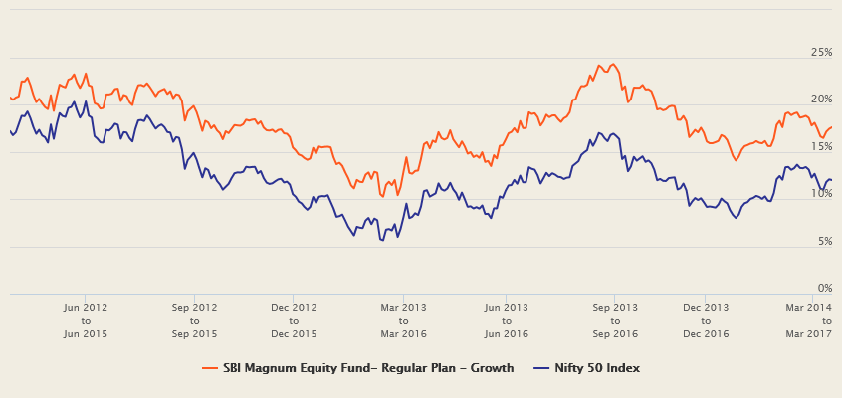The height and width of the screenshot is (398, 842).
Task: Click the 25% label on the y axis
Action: click(x=821, y=52)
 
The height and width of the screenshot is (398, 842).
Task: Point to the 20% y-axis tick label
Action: click(x=821, y=99)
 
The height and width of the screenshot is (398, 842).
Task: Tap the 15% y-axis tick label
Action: click(x=821, y=146)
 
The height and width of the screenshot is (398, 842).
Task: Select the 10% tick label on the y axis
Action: click(x=821, y=193)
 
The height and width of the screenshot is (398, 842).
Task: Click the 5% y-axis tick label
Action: click(x=824, y=241)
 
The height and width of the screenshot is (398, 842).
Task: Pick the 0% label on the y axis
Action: click(x=824, y=288)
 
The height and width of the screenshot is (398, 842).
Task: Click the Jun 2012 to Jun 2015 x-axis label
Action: click(x=86, y=320)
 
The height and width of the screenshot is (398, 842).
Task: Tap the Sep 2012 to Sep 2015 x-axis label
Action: click(x=194, y=320)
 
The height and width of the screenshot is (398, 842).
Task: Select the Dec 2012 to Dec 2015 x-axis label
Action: click(x=295, y=320)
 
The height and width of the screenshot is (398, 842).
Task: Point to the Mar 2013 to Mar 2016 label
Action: click(x=403, y=320)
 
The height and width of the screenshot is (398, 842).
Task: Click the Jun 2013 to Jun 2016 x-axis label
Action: click(x=506, y=320)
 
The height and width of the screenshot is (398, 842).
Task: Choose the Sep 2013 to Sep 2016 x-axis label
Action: click(x=614, y=320)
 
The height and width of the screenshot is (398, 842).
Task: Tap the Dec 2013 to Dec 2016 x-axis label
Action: click(x=705, y=320)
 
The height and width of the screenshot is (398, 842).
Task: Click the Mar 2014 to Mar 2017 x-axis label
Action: click(x=808, y=320)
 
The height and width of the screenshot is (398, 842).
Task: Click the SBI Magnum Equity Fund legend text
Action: click(x=367, y=368)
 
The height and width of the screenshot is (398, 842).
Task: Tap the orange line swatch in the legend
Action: click(x=209, y=368)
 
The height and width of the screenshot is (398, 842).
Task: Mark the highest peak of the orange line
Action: click(x=600, y=65)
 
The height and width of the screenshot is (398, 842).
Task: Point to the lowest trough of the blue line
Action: click(x=381, y=240)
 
